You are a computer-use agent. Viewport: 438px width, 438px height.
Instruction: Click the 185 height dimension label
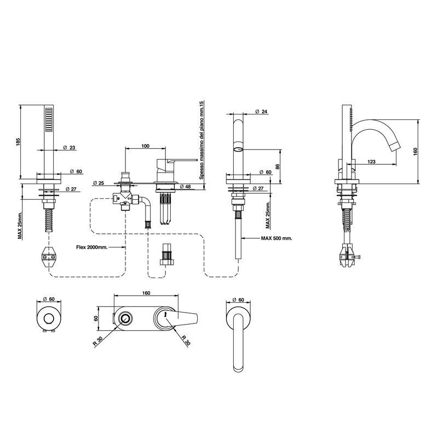18,143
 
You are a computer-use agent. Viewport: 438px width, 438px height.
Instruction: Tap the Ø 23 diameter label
70,147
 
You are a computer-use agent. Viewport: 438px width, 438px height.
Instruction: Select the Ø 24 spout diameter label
262,112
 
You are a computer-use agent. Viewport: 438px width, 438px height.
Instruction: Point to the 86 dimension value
278,166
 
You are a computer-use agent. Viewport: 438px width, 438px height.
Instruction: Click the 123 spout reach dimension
372,162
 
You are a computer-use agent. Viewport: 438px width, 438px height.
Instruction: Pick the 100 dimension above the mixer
145,146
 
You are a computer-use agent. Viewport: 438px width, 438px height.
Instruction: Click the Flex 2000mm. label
91,247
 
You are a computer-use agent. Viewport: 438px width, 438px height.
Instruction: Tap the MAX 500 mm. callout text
276,239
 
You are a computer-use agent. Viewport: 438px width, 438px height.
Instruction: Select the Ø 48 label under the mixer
186,186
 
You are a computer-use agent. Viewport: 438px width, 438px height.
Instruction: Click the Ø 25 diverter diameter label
98,183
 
